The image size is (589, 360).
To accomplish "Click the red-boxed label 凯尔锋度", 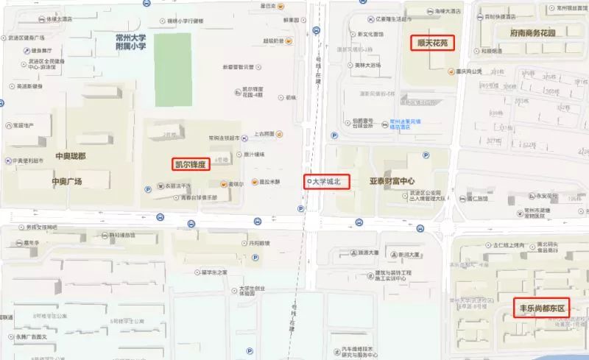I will [191, 164].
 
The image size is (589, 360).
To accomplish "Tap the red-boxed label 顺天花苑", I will [431, 43].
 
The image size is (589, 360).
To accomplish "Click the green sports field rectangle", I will [172, 69].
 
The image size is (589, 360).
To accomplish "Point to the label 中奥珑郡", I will [70, 157].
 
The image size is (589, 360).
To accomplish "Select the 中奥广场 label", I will [67, 181].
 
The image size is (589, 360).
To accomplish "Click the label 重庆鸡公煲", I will [468, 71].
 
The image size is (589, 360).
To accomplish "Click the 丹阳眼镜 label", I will [258, 244].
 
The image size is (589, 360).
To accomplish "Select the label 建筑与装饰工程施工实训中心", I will [375, 277].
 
